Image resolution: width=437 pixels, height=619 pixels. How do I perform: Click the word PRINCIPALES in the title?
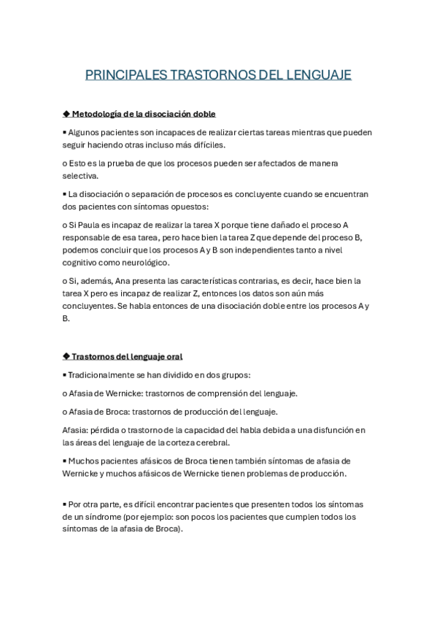125,74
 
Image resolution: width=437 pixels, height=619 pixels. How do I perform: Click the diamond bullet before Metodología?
66,114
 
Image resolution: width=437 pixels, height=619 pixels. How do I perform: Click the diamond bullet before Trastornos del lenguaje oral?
66,356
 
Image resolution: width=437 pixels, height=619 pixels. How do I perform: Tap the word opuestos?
187,207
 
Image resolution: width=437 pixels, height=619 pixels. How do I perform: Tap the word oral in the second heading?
174,356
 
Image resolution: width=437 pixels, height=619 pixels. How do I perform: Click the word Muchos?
84,461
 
